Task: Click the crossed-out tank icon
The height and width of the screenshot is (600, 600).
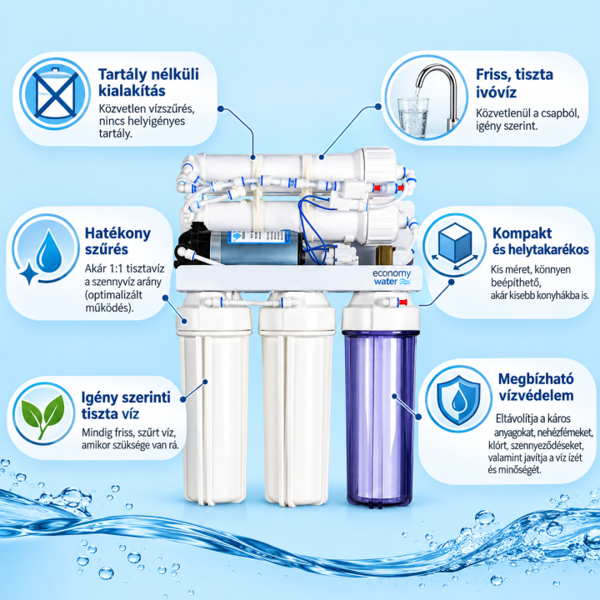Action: pos(55,93)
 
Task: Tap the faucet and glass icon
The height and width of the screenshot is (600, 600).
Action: pos(426,97)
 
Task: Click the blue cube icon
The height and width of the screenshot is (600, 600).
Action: pos(455,244)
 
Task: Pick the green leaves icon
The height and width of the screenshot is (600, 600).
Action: pos(42,416)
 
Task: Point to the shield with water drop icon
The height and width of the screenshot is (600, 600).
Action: pos(458,400)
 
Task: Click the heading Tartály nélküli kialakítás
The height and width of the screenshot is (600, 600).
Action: pos(148,82)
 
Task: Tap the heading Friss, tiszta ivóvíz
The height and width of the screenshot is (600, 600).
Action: pos(514,83)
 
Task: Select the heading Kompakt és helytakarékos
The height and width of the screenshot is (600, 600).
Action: pos(540,241)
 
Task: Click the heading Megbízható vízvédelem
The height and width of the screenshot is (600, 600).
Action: pos(536,387)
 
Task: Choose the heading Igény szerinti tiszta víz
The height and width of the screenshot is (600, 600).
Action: pos(126,406)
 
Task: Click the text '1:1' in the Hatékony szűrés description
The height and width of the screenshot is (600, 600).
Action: pos(116,268)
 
